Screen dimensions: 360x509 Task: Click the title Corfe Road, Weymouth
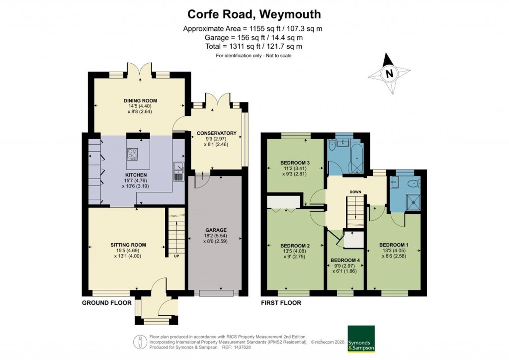coord(254,14)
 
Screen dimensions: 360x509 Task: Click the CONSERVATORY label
coord(216,133)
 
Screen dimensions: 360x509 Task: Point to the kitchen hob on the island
coord(133,155)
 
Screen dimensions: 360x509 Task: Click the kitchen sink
coord(178,172)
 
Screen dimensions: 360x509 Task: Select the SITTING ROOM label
coord(128,245)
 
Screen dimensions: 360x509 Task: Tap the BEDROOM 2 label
coord(295,246)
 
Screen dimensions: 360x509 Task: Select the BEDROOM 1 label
coord(394,245)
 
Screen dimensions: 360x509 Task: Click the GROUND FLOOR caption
coord(107,302)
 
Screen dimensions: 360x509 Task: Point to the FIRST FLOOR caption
coord(281,302)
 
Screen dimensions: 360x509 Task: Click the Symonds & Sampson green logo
coord(361,339)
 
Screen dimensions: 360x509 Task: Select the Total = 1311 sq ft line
coord(254,46)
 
